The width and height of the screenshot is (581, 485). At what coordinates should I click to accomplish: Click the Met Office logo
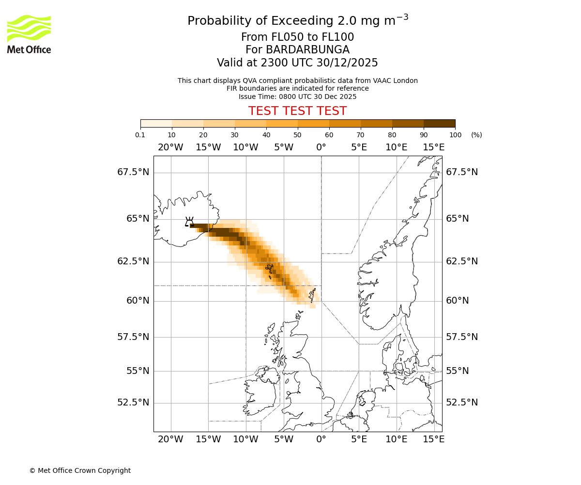pos(29,34)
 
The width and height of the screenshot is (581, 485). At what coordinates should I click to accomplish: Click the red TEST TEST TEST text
pos(297,111)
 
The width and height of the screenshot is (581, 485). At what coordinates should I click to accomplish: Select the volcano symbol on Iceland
pos(189,222)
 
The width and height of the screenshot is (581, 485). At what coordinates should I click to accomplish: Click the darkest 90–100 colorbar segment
pos(439,123)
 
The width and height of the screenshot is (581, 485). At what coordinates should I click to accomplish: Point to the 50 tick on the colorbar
pos(297,135)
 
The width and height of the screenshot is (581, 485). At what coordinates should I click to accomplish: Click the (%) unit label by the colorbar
pos(476,135)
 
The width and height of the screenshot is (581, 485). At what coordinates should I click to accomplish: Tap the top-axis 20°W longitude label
pos(170,147)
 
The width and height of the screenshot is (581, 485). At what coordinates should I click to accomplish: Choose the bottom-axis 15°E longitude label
pos(434,439)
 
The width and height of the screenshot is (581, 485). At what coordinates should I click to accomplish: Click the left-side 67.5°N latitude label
pos(133,172)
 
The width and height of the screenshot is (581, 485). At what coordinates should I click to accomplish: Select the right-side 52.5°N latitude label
pos(461,403)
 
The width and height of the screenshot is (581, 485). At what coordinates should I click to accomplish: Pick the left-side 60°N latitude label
pos(138,301)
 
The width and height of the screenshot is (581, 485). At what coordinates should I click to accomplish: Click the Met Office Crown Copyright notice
pos(80,470)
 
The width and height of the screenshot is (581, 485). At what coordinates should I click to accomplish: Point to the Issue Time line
pos(297,97)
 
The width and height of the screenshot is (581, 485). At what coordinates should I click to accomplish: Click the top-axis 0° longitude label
pos(321,147)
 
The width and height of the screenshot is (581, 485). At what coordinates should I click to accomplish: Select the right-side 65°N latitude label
pos(457,219)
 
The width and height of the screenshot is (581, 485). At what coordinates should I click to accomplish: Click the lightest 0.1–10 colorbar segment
pos(156,123)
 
